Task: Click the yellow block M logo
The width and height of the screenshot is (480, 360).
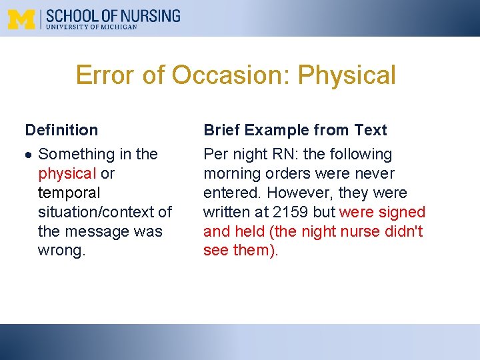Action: (x=21, y=19)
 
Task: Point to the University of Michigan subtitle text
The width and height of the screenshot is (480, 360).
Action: (x=91, y=27)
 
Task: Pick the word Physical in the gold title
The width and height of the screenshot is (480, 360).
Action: (x=347, y=75)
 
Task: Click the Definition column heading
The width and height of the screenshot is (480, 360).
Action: (x=61, y=130)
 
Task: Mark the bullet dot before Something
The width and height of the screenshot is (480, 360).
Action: (x=29, y=155)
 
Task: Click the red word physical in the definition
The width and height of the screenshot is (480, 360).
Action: (x=67, y=174)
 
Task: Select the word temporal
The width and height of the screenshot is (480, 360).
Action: (x=69, y=193)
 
